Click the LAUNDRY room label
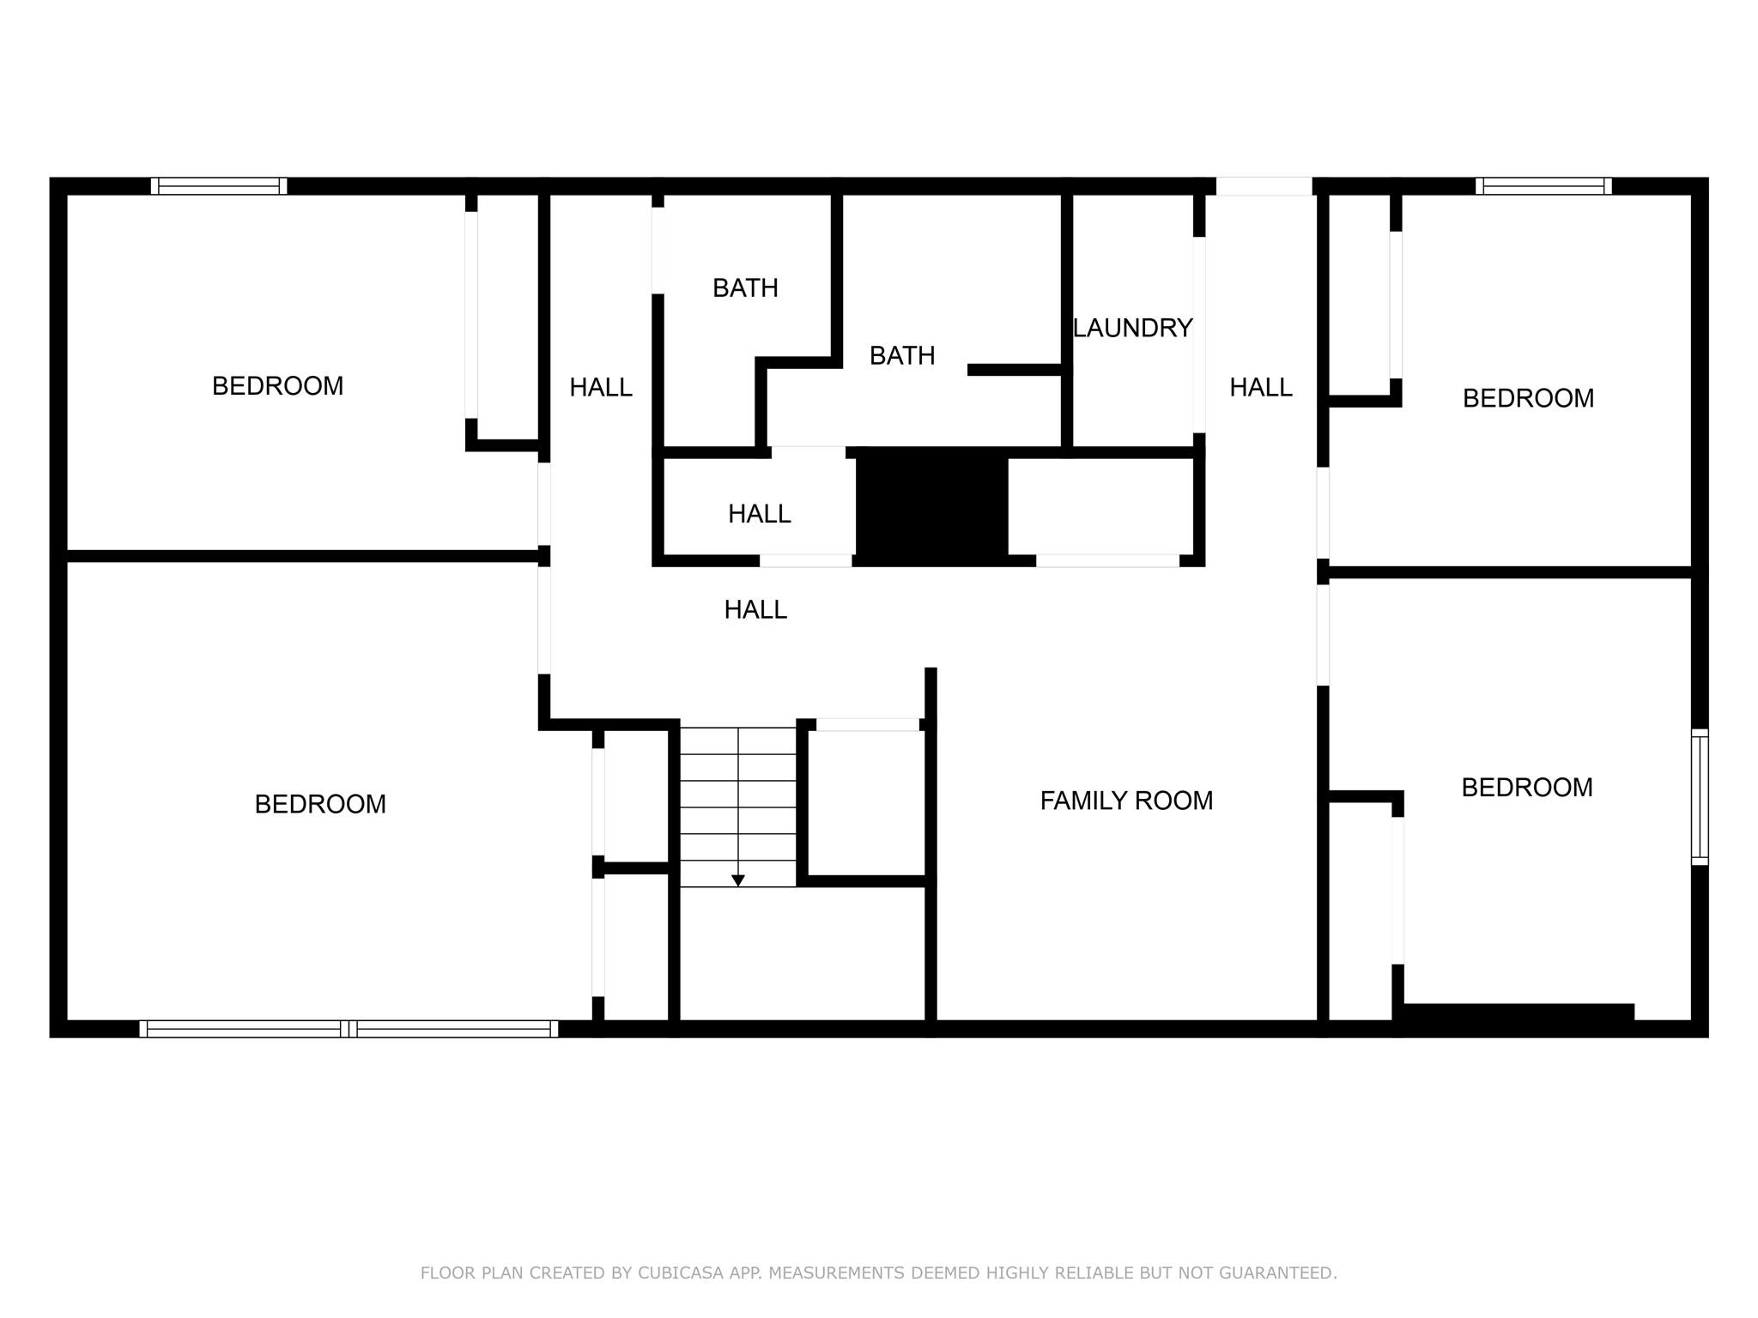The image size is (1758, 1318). pyautogui.click(x=1132, y=328)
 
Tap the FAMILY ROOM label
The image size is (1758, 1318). pyautogui.click(x=1126, y=801)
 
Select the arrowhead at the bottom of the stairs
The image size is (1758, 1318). pyautogui.click(x=737, y=880)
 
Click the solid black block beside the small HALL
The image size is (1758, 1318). pyautogui.click(x=931, y=506)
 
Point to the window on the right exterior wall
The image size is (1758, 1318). pyautogui.click(x=1699, y=797)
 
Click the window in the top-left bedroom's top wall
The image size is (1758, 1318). pyautogui.click(x=219, y=186)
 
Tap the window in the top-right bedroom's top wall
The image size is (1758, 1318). pyautogui.click(x=1543, y=186)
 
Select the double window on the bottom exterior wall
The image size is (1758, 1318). pyautogui.click(x=349, y=1029)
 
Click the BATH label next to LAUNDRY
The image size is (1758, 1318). pyautogui.click(x=901, y=355)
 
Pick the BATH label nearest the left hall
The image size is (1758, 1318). pyautogui.click(x=745, y=288)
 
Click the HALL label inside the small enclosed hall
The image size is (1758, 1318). pyautogui.click(x=759, y=514)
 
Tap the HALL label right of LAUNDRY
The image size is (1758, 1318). pyautogui.click(x=1260, y=388)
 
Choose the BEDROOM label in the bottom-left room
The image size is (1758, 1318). pyautogui.click(x=320, y=804)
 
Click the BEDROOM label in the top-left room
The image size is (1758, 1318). pyautogui.click(x=277, y=386)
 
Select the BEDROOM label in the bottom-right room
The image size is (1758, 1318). pyautogui.click(x=1526, y=788)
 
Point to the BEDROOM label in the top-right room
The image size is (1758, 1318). pyautogui.click(x=1528, y=398)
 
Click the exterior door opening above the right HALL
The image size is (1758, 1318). pyautogui.click(x=1264, y=186)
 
